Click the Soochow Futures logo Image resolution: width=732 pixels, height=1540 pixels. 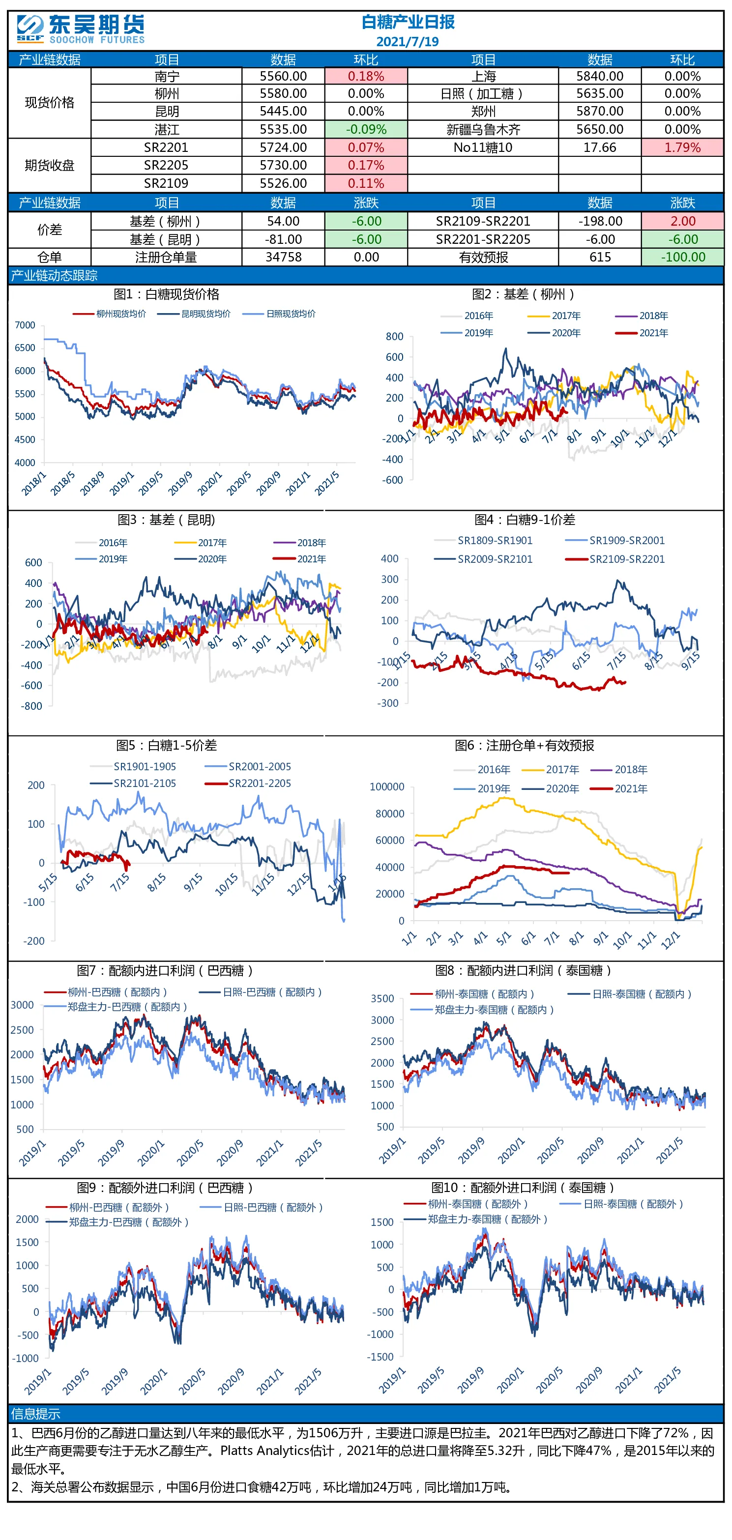(81, 30)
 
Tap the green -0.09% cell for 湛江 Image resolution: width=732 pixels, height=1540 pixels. (366, 130)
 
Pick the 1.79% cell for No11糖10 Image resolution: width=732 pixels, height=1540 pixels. (682, 147)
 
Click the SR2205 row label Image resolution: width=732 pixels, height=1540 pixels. (166, 166)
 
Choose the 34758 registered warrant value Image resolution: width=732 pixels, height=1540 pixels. (284, 257)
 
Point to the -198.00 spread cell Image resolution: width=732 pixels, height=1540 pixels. (600, 221)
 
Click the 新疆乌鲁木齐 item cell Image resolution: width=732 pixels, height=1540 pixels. (483, 130)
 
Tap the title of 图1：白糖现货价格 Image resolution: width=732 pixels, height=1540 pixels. (166, 294)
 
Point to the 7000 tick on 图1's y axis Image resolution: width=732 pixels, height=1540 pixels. (25, 325)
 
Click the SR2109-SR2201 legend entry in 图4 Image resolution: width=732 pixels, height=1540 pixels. (615, 559)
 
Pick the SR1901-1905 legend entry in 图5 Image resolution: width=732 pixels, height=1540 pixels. (133, 766)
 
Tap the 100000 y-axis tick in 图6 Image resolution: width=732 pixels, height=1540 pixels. (387, 787)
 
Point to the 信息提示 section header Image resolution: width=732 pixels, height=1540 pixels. (35, 1414)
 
